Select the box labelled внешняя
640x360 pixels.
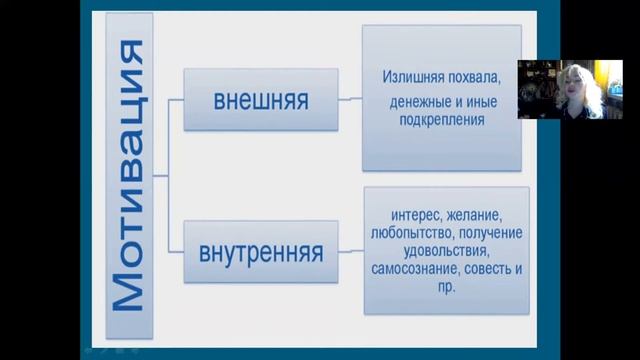click(260, 100)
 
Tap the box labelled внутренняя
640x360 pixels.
click(260, 252)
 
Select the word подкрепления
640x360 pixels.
click(441, 119)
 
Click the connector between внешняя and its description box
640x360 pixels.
click(349, 99)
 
